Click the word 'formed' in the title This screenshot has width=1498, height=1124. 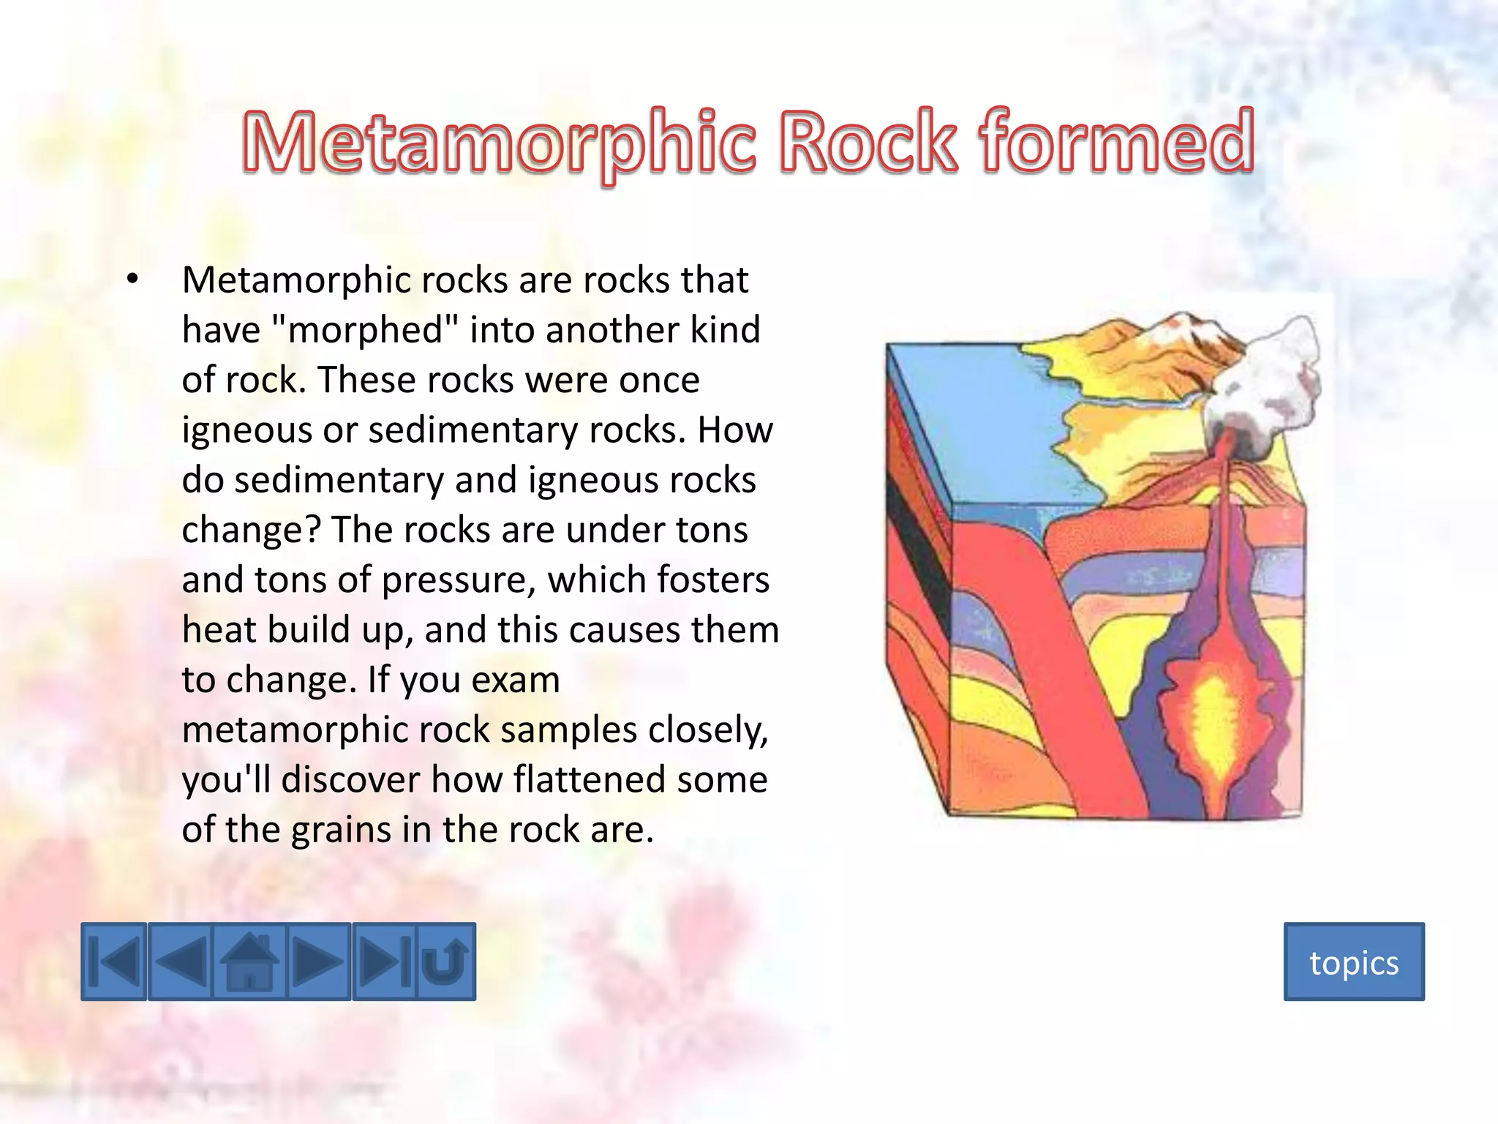(x=1117, y=140)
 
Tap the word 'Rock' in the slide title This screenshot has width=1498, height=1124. (x=867, y=140)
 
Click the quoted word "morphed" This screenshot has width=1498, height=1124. (x=364, y=329)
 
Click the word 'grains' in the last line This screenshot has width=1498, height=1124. (x=341, y=830)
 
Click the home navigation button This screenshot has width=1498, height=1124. (x=249, y=962)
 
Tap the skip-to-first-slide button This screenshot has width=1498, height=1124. (x=114, y=962)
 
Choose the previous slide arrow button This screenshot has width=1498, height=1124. (x=181, y=962)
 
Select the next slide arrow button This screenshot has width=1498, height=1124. (x=318, y=962)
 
